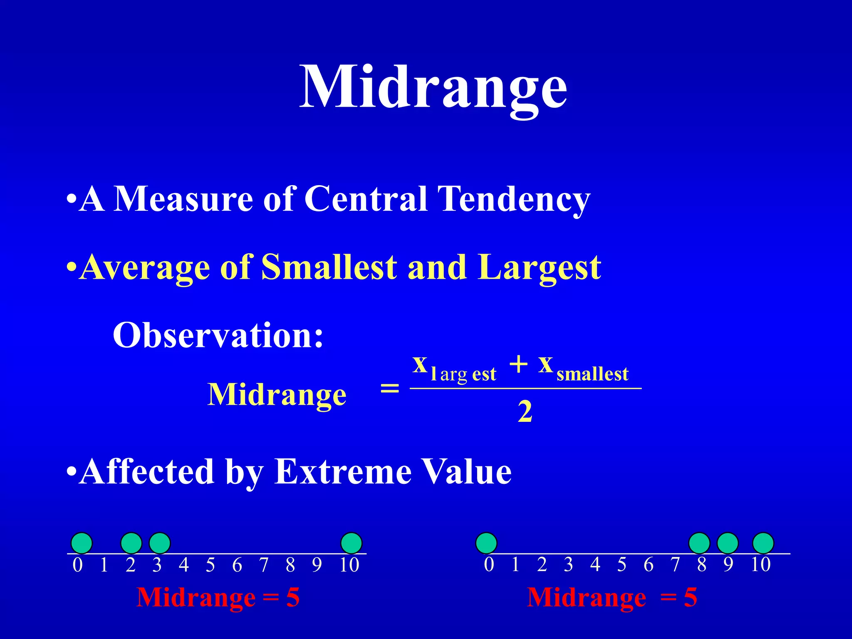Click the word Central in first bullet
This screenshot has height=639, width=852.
pos(366,198)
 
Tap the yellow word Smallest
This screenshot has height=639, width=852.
pos(329,267)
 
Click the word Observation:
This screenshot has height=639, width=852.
pos(218,335)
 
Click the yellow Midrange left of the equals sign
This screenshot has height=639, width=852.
pos(277,394)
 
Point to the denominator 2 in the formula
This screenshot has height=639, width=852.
pos(525,412)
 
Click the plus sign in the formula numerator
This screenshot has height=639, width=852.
pos(518,365)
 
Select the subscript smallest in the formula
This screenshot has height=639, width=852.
pos(592,374)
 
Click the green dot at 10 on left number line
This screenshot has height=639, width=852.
pos(351,543)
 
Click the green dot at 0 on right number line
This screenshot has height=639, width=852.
pos(486,543)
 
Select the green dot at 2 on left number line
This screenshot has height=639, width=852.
pos(131,543)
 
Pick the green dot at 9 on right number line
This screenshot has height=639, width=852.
pos(728,543)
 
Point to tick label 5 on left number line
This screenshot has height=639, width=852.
pos(211,565)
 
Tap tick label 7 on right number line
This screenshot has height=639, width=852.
pos(675,565)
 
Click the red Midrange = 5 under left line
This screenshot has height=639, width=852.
pos(218,597)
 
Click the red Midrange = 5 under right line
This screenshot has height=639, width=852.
pos(612,597)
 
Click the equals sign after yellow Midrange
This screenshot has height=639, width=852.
pos(390,389)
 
